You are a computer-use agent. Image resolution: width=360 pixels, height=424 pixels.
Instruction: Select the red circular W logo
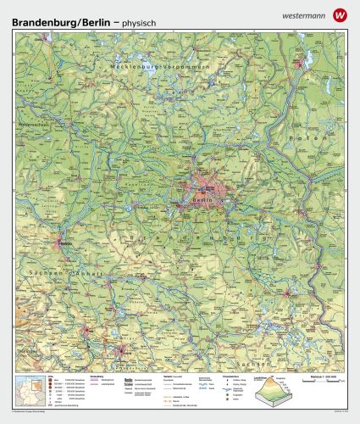tap(341, 14)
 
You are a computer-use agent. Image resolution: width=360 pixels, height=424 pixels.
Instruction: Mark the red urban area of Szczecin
tap(298, 62)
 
